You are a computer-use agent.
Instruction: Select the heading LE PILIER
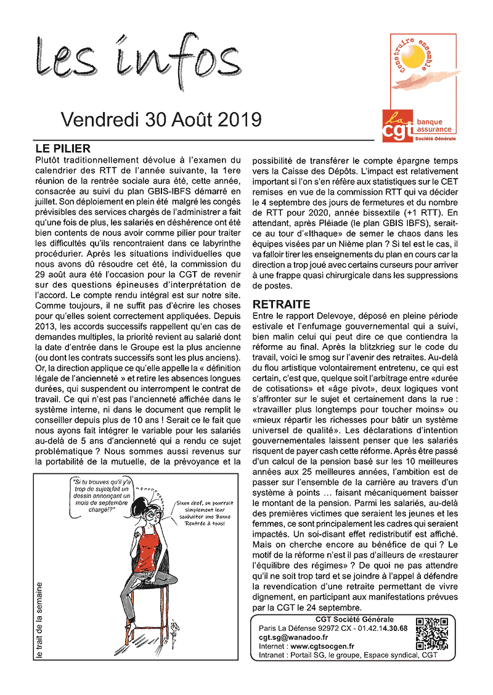coord(63,148)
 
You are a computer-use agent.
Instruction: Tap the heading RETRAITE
coord(281,304)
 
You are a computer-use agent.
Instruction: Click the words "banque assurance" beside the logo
coord(434,126)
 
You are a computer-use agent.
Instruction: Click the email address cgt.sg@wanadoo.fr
coord(293,637)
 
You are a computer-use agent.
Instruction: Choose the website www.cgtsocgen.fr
coord(326,646)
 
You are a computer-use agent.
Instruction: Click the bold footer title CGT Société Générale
coord(354,619)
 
